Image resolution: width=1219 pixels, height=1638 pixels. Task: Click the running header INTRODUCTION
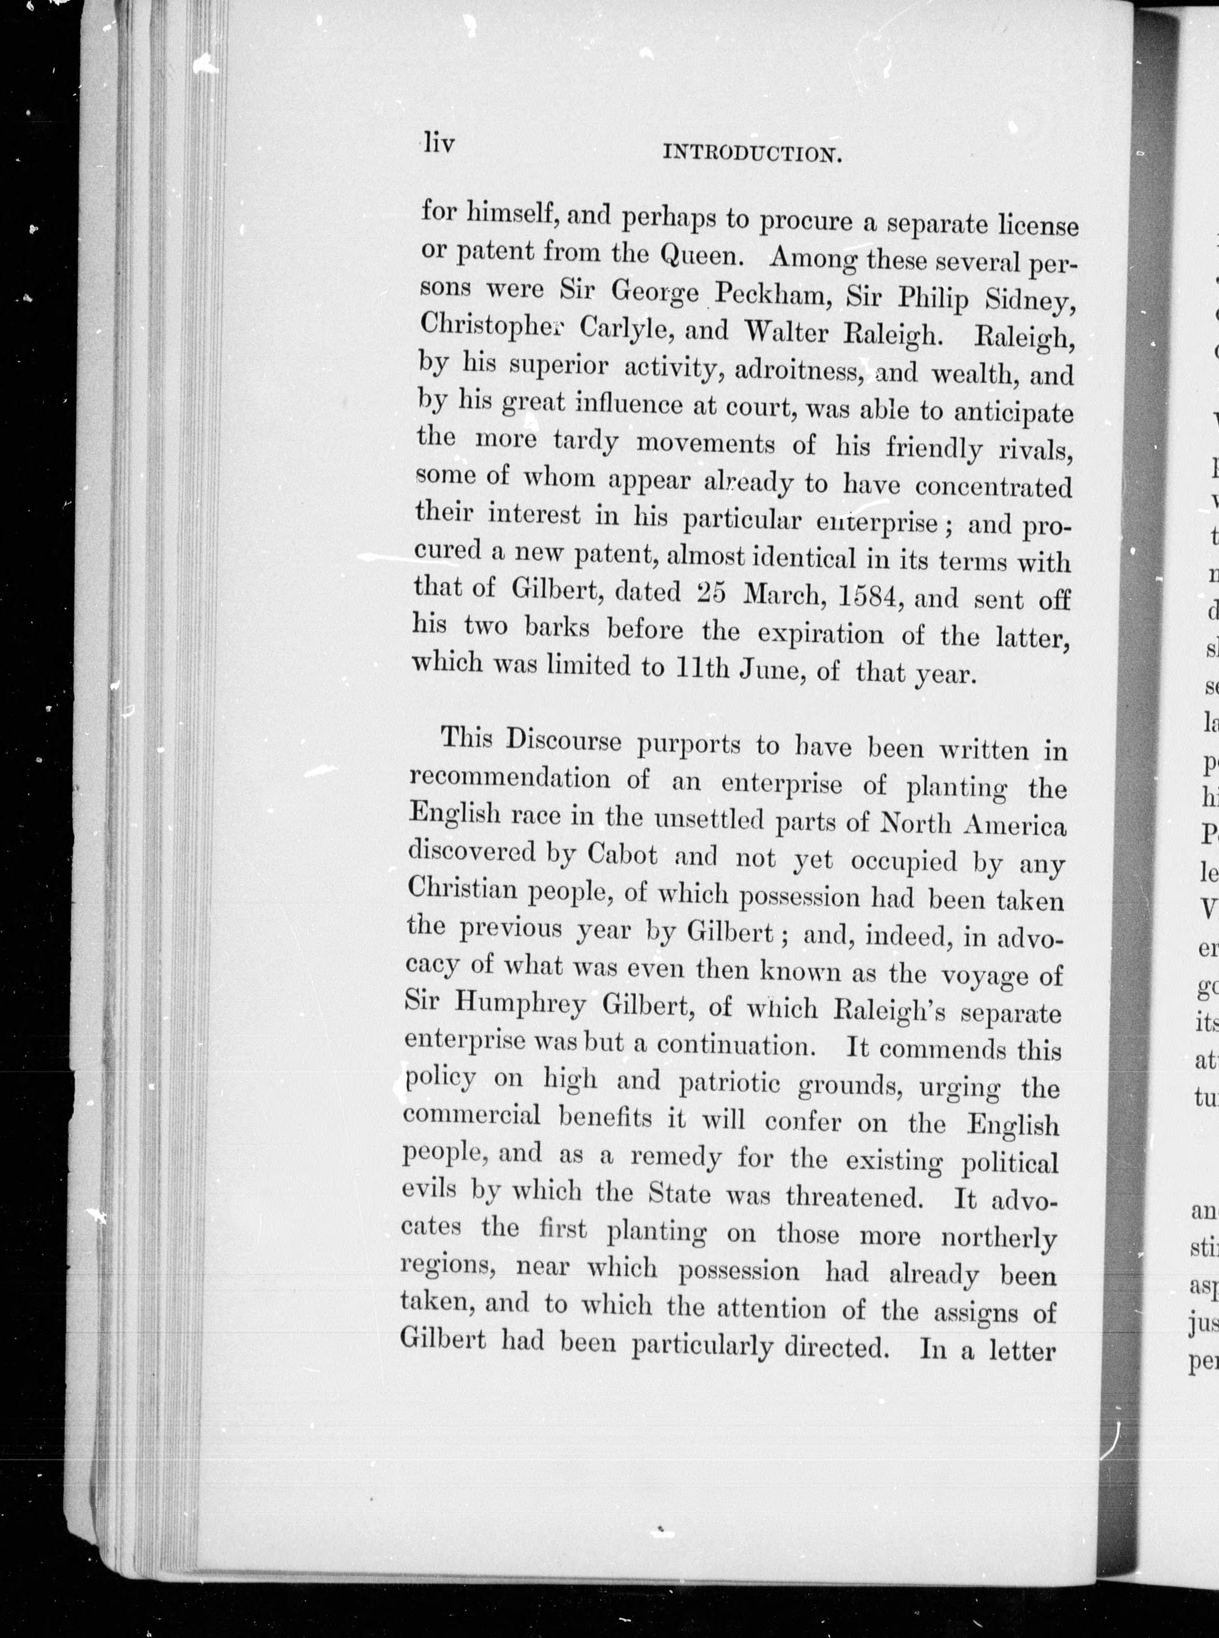point(753,154)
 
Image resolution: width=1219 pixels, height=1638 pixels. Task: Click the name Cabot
point(622,855)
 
